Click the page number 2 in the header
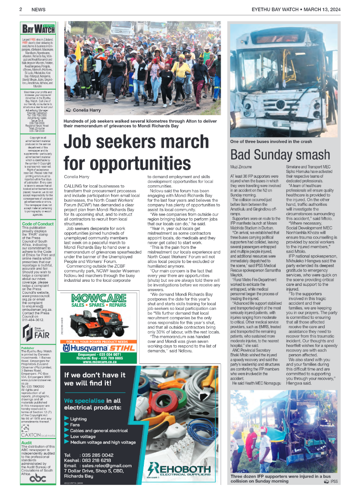[21, 9]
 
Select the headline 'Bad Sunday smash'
[280, 155]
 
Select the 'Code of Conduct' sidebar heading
[38, 223]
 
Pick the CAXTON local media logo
[38, 435]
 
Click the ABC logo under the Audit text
[38, 478]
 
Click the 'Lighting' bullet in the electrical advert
[78, 419]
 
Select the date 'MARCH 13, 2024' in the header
[321, 9]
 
